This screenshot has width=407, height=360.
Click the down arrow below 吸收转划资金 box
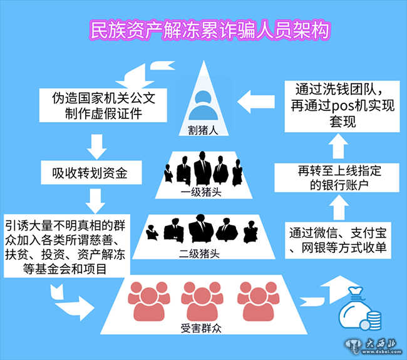[95, 200]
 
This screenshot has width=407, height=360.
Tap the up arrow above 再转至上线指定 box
[337, 146]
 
